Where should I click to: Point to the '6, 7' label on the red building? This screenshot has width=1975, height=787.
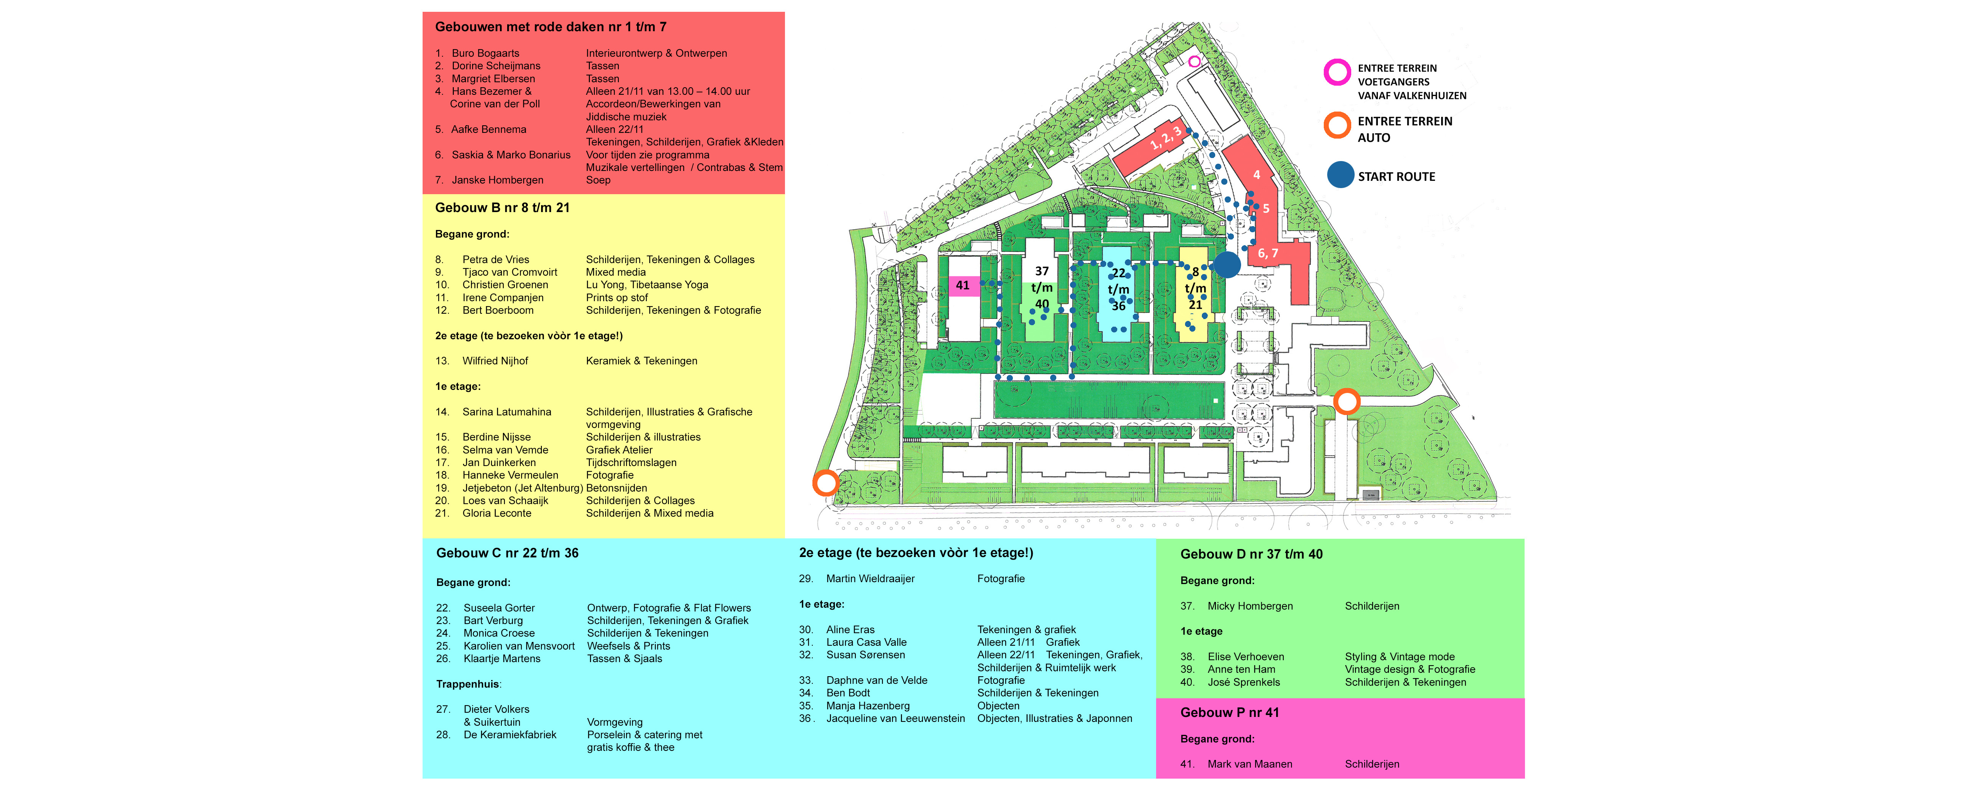point(1267,253)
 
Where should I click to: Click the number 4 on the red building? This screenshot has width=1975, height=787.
point(1257,175)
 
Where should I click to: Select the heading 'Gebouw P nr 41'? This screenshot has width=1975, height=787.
point(1230,713)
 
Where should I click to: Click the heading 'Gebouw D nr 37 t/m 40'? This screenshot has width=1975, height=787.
point(1251,554)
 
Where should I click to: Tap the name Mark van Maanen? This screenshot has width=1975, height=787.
point(1250,764)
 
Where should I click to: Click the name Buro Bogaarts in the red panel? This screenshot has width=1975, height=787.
point(485,53)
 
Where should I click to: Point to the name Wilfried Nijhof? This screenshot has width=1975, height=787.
point(495,361)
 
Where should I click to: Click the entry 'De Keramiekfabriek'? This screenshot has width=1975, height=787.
point(510,735)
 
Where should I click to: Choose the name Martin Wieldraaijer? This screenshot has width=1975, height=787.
point(870,579)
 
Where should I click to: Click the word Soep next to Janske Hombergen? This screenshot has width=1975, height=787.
point(598,180)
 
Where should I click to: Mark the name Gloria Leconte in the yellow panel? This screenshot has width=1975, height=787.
point(497,513)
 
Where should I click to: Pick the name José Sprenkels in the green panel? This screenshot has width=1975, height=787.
point(1244,682)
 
